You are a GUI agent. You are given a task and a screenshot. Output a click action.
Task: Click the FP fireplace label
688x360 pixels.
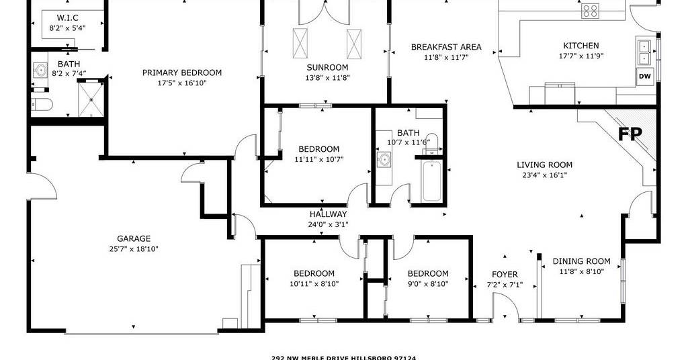(x=630, y=134)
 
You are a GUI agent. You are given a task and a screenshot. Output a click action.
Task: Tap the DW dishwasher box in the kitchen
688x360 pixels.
(x=645, y=77)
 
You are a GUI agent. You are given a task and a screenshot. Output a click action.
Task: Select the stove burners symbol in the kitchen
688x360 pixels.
(x=591, y=11)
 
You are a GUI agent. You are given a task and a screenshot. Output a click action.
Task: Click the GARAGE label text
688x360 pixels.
(x=134, y=238)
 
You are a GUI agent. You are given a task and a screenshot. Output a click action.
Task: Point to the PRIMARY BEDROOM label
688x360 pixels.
(x=181, y=73)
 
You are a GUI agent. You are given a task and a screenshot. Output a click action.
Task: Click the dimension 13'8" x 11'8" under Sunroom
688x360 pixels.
(x=328, y=78)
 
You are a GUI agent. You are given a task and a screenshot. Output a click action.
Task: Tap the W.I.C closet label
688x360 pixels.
(x=67, y=18)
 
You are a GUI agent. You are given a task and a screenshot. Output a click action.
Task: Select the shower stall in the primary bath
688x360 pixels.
(x=91, y=99)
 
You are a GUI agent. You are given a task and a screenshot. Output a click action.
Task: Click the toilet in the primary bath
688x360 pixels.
(x=42, y=104)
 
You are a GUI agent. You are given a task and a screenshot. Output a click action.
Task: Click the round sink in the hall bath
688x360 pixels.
(x=385, y=159)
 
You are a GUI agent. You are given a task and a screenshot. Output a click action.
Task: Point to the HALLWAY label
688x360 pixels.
(x=328, y=214)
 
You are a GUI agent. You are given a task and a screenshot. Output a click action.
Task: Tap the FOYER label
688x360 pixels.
(x=505, y=275)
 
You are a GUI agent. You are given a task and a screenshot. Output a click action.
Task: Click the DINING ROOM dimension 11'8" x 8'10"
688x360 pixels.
(x=581, y=271)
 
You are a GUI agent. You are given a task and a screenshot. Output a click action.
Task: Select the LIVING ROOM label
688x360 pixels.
(x=544, y=165)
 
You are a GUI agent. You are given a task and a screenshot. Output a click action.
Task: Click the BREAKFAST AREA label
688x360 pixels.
(x=446, y=47)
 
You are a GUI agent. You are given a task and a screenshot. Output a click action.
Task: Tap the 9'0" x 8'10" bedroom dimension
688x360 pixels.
(x=428, y=283)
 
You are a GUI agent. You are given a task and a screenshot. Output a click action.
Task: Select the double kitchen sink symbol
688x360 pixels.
(x=643, y=52)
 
